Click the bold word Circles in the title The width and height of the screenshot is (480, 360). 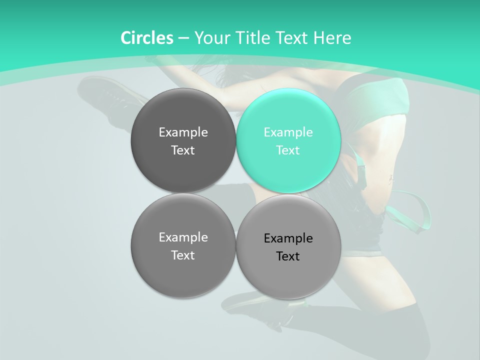pos(146,38)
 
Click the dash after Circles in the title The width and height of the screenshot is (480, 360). pos(183,38)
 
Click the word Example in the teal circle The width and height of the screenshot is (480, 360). pos(288,132)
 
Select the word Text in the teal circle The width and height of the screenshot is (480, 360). pos(288,150)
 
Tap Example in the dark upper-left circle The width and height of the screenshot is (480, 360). pos(183,132)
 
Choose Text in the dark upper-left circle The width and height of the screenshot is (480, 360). pos(183,150)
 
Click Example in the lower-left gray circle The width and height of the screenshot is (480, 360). pos(183,237)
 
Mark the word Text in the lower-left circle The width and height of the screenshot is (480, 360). pos(183,255)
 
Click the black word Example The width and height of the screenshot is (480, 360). pos(288,238)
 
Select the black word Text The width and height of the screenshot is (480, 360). pos(288,256)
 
